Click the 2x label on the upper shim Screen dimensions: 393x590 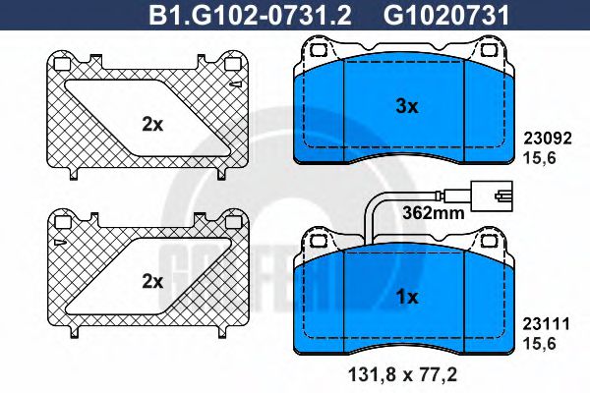coord(151,124)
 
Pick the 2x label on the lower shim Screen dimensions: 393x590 coord(151,280)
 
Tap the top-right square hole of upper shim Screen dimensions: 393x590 coord(232,65)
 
